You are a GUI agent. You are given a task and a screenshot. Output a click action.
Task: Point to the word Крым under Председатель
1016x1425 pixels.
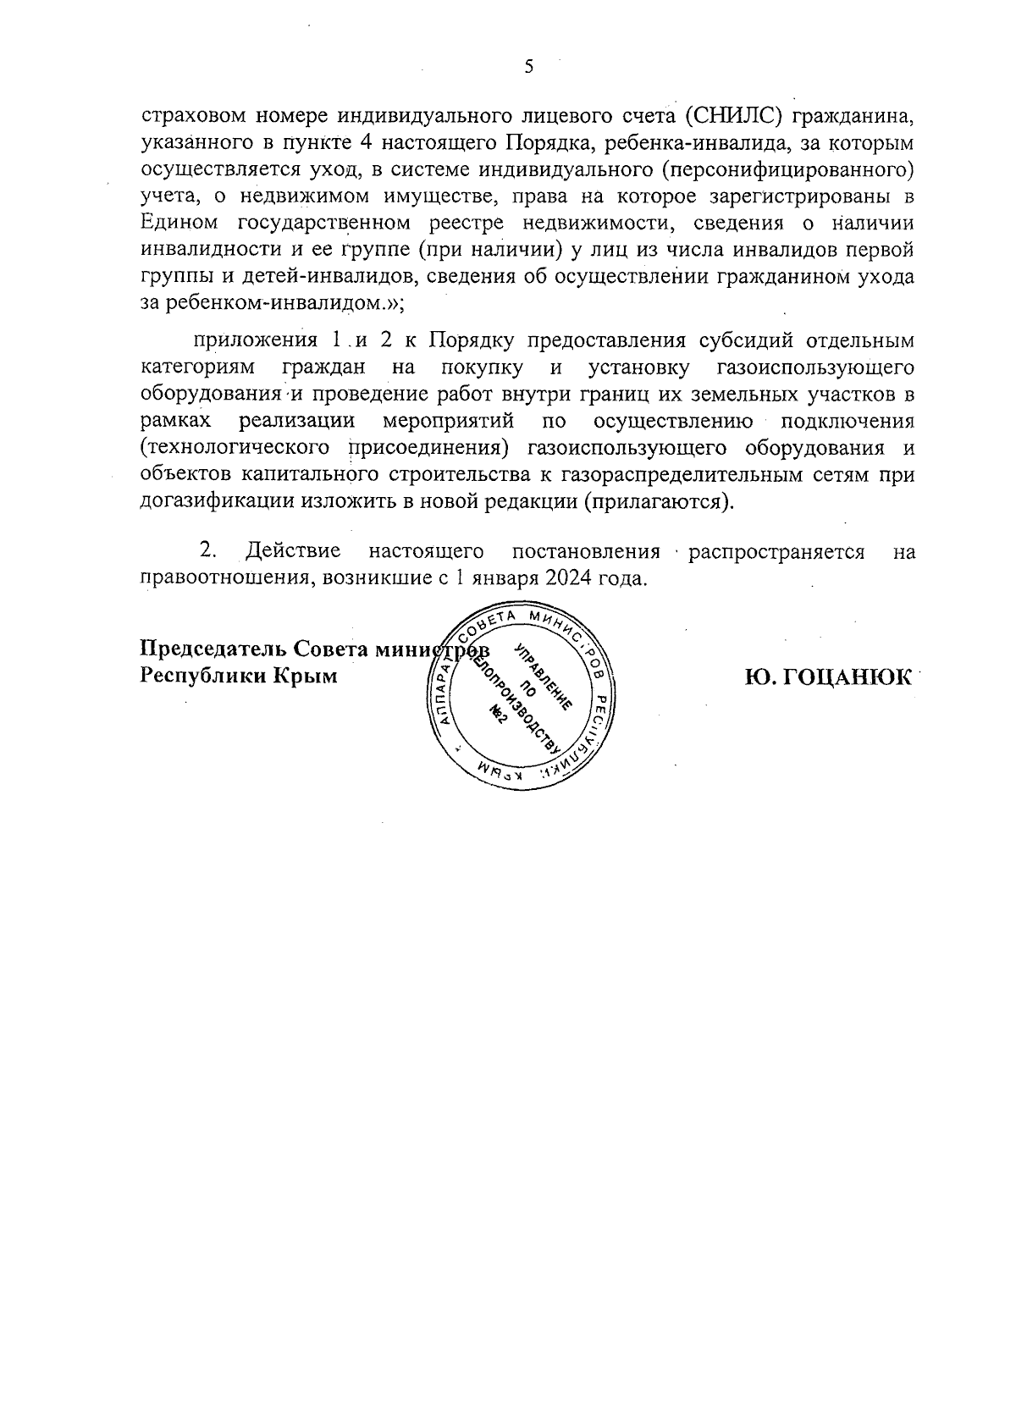point(308,677)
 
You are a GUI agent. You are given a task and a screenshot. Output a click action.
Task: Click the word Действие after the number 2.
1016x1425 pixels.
point(293,552)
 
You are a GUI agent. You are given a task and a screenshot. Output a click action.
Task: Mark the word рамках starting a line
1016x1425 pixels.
point(175,421)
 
